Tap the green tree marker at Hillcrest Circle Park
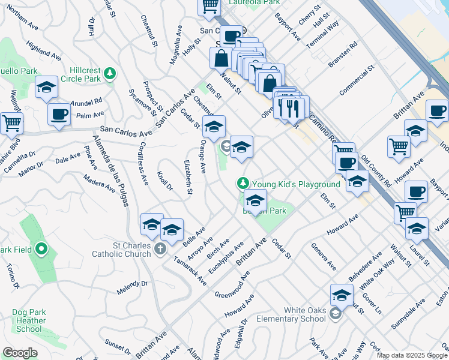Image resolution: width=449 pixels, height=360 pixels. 109,73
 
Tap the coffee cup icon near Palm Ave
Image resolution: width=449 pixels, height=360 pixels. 59,113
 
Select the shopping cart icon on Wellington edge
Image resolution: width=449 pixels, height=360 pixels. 11,123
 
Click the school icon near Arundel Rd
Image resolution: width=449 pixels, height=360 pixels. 46,87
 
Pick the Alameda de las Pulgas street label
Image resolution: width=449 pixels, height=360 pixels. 111,171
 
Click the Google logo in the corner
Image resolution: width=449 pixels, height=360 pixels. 19,352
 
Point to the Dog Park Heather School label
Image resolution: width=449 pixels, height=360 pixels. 29,320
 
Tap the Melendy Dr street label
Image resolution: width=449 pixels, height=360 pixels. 132,287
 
